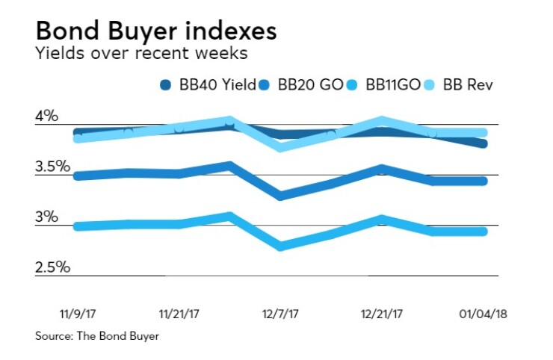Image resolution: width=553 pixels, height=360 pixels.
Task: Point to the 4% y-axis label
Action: [46, 116]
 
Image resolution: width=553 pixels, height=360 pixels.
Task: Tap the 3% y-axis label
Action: [46, 217]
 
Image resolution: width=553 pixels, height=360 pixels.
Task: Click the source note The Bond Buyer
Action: [97, 336]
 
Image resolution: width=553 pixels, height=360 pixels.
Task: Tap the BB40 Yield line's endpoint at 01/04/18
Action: [484, 143]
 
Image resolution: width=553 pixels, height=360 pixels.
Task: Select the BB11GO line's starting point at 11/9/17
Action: [76, 226]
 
